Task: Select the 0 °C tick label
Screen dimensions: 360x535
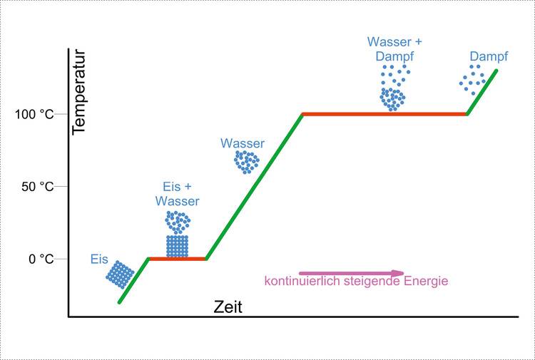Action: pyautogui.click(x=41, y=259)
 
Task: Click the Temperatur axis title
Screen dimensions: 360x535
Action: pyautogui.click(x=78, y=91)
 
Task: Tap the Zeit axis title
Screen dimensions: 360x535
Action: pyautogui.click(x=228, y=308)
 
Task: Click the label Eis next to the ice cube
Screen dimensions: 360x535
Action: pyautogui.click(x=99, y=259)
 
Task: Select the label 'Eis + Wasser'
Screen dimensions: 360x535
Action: pyautogui.click(x=177, y=194)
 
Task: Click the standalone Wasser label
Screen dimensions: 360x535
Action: pyautogui.click(x=242, y=143)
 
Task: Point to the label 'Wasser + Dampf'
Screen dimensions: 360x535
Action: pyautogui.click(x=390, y=48)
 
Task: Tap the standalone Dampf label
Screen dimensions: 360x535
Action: pyautogui.click(x=488, y=56)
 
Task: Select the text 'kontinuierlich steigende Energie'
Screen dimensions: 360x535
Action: pyautogui.click(x=356, y=281)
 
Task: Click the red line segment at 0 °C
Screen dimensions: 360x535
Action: pyautogui.click(x=177, y=259)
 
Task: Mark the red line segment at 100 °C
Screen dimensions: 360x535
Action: pyautogui.click(x=385, y=114)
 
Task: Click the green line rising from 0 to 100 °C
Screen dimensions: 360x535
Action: pyautogui.click(x=255, y=186)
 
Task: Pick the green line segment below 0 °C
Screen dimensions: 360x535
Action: pyautogui.click(x=133, y=281)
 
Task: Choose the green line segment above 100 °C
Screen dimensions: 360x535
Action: pyautogui.click(x=483, y=92)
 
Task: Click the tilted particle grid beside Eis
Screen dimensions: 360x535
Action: pyautogui.click(x=120, y=274)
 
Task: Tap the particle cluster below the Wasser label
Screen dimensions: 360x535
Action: pyautogui.click(x=247, y=162)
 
